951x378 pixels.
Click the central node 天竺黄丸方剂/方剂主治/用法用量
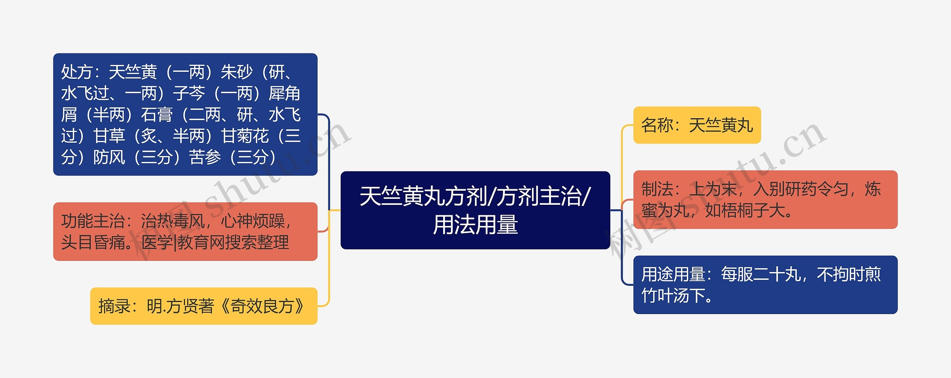click(x=475, y=210)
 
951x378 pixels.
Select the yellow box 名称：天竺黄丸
click(x=697, y=125)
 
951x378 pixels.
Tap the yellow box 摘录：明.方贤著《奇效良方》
click(x=204, y=306)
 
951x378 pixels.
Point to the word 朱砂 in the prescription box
click(x=237, y=72)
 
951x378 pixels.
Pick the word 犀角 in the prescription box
click(x=285, y=93)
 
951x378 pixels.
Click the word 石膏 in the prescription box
click(x=157, y=115)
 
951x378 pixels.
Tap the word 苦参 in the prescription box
click(x=205, y=157)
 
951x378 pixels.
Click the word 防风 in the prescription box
click(x=109, y=157)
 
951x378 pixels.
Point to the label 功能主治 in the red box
click(x=93, y=221)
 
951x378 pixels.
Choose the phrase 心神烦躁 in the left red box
click(x=253, y=221)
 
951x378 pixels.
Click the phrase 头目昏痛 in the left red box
click(x=93, y=243)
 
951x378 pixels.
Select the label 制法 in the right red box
click(x=657, y=189)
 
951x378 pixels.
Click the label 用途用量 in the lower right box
click(x=673, y=274)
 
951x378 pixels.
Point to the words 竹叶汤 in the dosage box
click(x=665, y=296)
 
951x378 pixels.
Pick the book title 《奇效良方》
click(x=263, y=306)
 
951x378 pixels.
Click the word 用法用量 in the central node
click(x=475, y=225)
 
